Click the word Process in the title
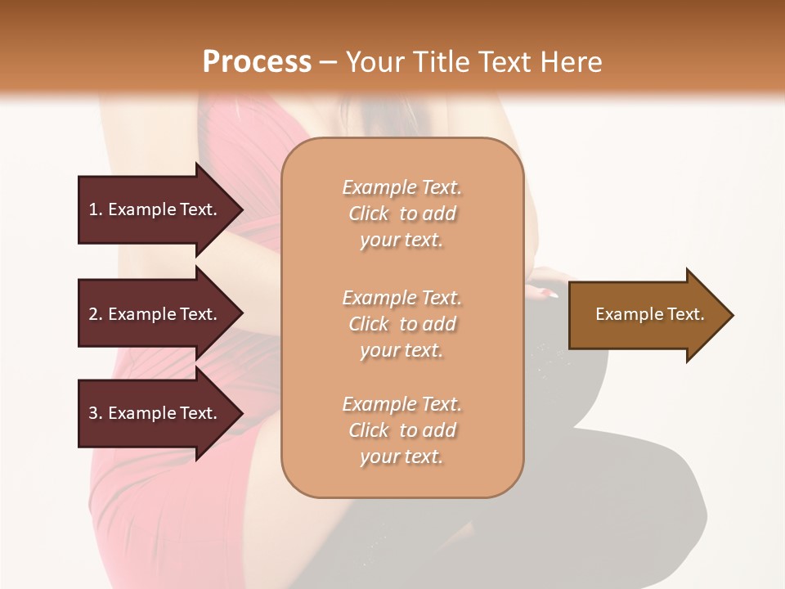pyautogui.click(x=257, y=62)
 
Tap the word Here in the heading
pyautogui.click(x=571, y=62)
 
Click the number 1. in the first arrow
pyautogui.click(x=96, y=209)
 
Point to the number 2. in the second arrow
pyautogui.click(x=96, y=314)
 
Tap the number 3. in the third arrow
pyautogui.click(x=96, y=413)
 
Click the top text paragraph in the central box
pyautogui.click(x=401, y=214)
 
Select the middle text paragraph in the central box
pyautogui.click(x=401, y=324)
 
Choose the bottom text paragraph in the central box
pyautogui.click(x=401, y=430)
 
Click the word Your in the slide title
pyautogui.click(x=373, y=62)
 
